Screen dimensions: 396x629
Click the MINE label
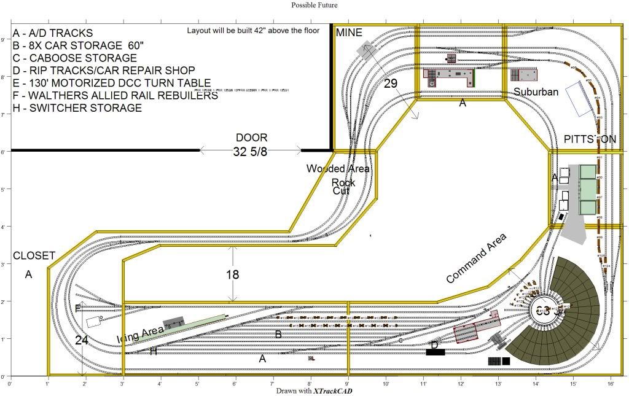pos(349,33)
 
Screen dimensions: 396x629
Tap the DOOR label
pos(251,138)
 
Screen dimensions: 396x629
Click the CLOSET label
pos(34,255)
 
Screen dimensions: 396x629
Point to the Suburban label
pos(536,92)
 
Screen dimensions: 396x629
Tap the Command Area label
pos(476,258)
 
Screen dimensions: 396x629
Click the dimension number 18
pos(232,275)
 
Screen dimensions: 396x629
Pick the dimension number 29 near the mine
pos(391,83)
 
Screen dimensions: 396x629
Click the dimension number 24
pos(82,340)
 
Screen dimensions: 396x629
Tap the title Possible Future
pos(314,5)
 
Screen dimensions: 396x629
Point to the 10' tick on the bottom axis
pos(385,384)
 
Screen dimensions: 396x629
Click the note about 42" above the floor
pos(253,30)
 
